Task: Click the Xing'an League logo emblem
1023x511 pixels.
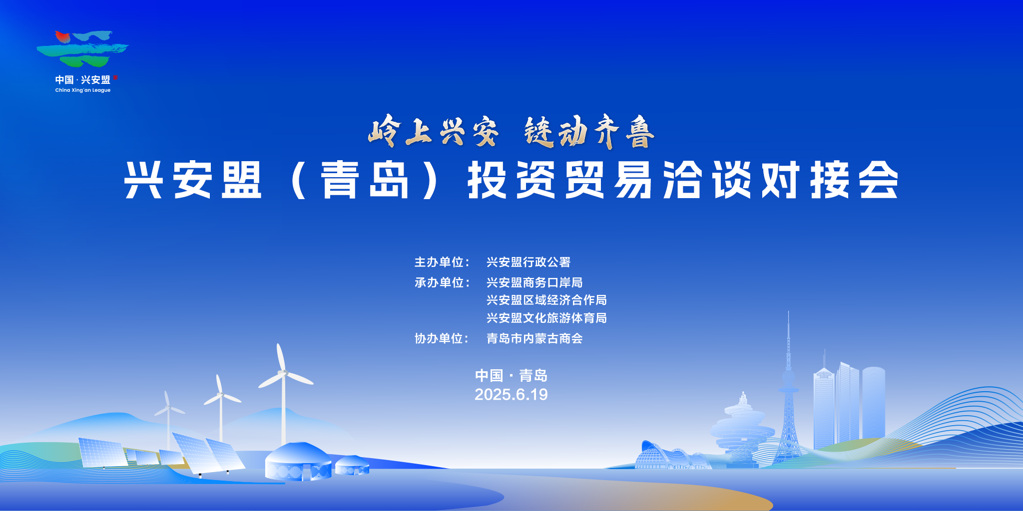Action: point(82,48)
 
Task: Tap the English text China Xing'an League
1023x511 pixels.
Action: point(83,90)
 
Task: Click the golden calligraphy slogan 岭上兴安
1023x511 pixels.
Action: point(434,131)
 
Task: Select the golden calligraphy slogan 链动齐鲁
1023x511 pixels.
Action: point(589,131)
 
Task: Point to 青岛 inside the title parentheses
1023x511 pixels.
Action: point(365,180)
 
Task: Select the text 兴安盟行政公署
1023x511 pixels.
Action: point(528,262)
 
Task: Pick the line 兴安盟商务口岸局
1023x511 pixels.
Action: point(534,282)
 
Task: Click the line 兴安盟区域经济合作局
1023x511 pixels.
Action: point(546,300)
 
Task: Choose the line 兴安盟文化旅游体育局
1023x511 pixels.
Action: point(546,318)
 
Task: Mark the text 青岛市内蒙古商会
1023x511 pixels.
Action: point(534,338)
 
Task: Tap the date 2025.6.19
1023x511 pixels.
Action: point(511,395)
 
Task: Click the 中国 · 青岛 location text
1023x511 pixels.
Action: point(511,375)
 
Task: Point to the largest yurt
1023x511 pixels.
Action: point(298,462)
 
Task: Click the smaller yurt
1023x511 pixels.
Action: point(352,465)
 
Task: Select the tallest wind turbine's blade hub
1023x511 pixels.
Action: point(283,373)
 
